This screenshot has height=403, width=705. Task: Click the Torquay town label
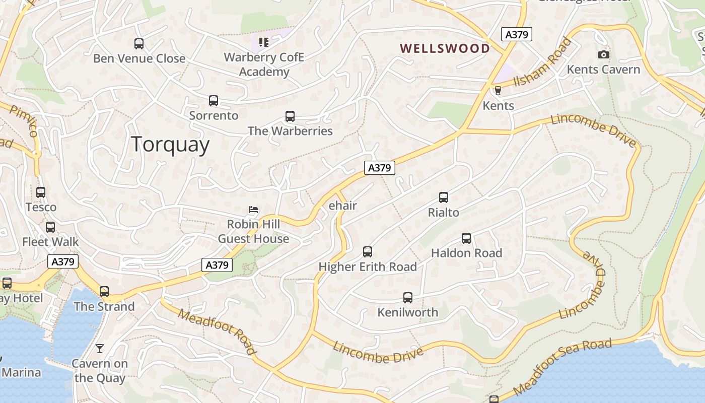click(x=170, y=145)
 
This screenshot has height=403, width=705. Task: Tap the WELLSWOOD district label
click(x=445, y=48)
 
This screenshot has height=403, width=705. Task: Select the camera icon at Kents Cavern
click(x=603, y=54)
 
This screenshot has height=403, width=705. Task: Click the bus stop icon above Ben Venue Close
click(x=139, y=44)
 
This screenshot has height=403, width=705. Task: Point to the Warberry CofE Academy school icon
click(x=263, y=42)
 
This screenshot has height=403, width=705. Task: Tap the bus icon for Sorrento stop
click(x=214, y=101)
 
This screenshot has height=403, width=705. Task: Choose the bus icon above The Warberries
click(x=290, y=116)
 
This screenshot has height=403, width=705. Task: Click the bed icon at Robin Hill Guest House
click(x=254, y=210)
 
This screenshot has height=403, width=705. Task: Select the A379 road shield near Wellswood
click(x=517, y=34)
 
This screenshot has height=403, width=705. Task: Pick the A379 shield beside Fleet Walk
click(x=63, y=261)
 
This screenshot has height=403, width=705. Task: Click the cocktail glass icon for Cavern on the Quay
click(x=100, y=348)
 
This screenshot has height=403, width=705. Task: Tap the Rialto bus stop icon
click(x=444, y=197)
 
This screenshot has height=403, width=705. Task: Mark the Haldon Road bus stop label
click(x=466, y=253)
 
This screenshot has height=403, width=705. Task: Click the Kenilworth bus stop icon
click(x=408, y=298)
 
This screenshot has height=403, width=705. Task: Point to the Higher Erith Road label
click(x=368, y=266)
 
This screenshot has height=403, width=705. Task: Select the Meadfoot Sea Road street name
click(x=562, y=367)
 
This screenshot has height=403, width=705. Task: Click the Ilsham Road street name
click(x=543, y=62)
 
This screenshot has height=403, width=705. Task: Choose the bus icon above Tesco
click(x=41, y=192)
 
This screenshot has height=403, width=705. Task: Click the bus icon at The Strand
click(x=104, y=292)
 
